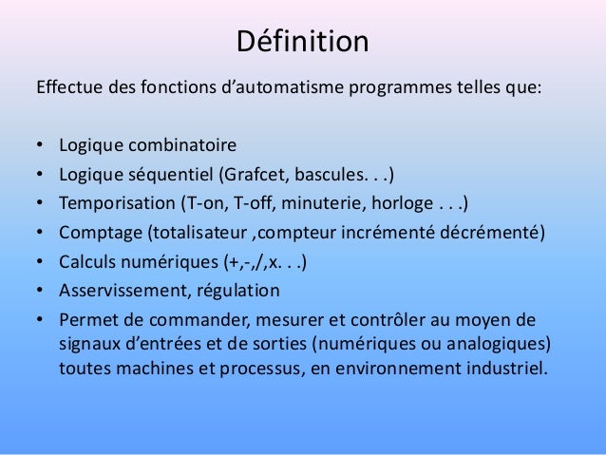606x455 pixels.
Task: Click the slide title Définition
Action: [x=302, y=43]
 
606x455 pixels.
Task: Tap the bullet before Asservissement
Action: [x=41, y=291]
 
